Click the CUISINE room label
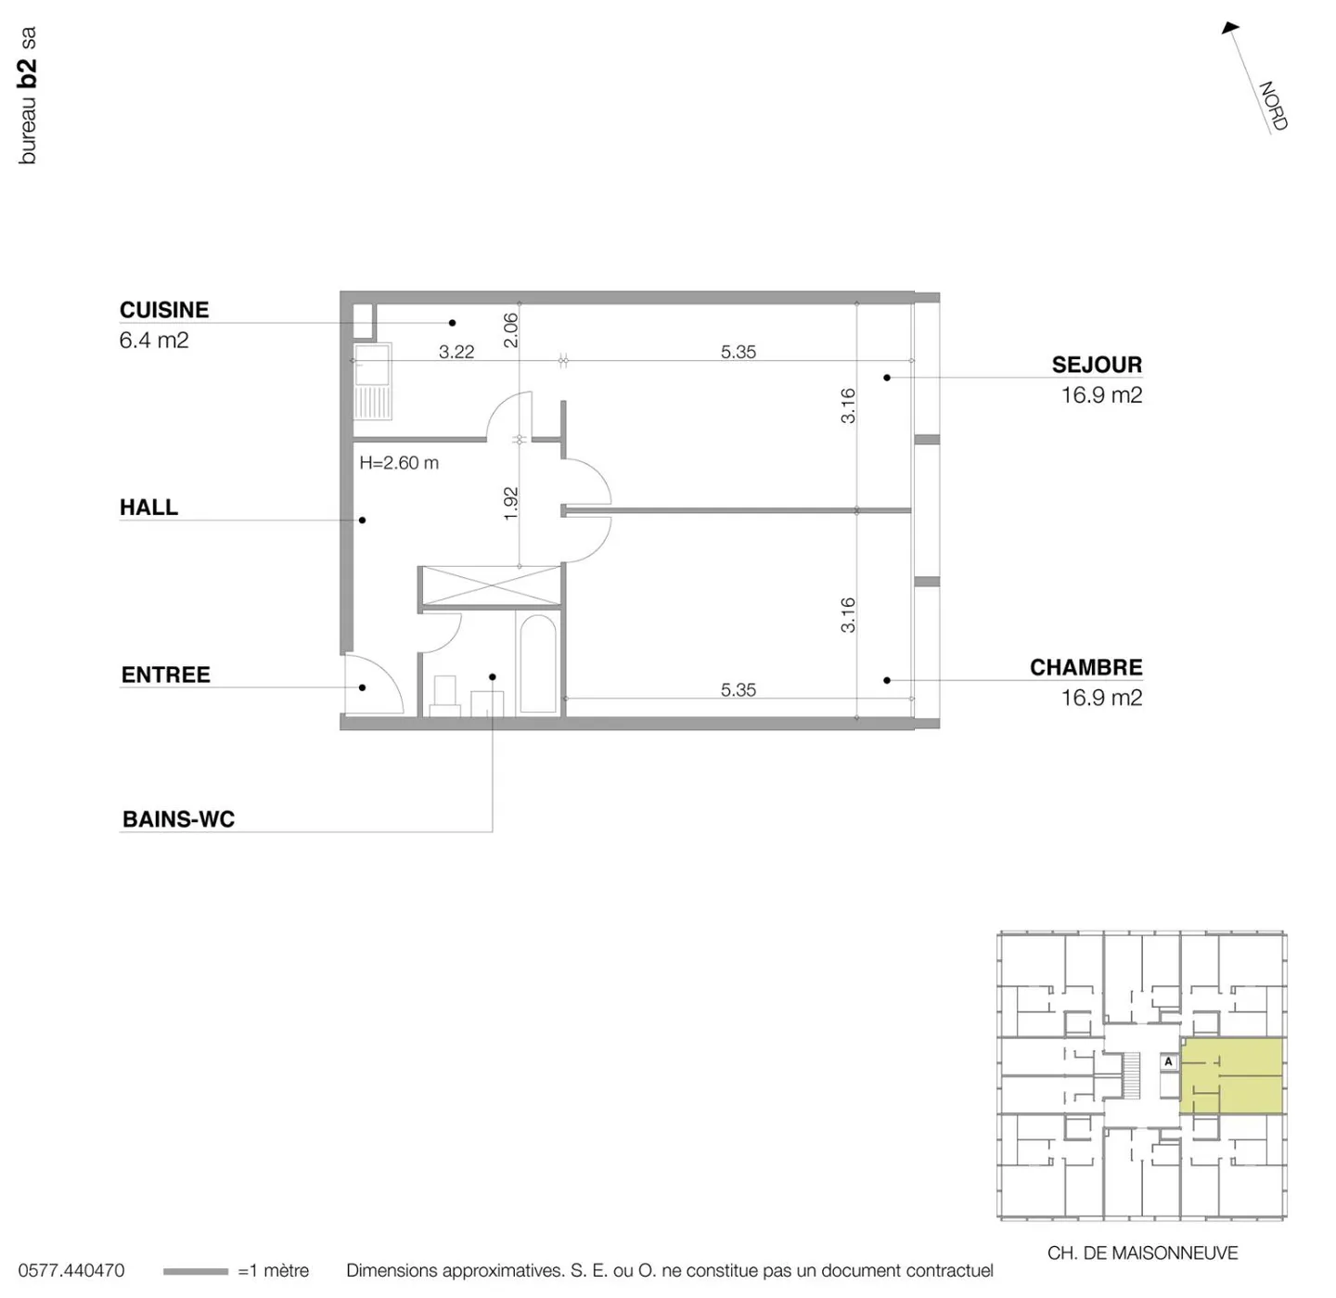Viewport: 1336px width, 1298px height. click(x=164, y=310)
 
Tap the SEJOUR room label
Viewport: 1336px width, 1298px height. click(x=1097, y=365)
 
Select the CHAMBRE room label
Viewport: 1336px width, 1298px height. click(x=1085, y=667)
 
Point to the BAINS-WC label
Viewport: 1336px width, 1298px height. click(x=178, y=819)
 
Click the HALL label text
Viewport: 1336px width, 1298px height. click(x=148, y=508)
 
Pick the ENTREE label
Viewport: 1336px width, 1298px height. click(x=165, y=675)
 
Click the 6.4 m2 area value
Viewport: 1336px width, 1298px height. click(x=154, y=341)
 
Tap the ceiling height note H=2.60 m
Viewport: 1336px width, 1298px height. click(x=399, y=463)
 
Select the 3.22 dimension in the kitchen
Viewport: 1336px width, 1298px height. click(x=456, y=352)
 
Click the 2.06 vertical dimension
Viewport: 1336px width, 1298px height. click(x=510, y=329)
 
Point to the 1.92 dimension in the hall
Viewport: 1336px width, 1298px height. click(x=510, y=503)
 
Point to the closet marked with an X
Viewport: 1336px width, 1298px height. click(x=489, y=585)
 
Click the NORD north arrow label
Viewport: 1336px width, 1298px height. click(x=1273, y=106)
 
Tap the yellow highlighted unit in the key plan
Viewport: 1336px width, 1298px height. click(x=1231, y=1076)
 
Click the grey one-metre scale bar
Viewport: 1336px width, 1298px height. click(x=195, y=1271)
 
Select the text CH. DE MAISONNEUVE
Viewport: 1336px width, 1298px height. click(x=1142, y=1253)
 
